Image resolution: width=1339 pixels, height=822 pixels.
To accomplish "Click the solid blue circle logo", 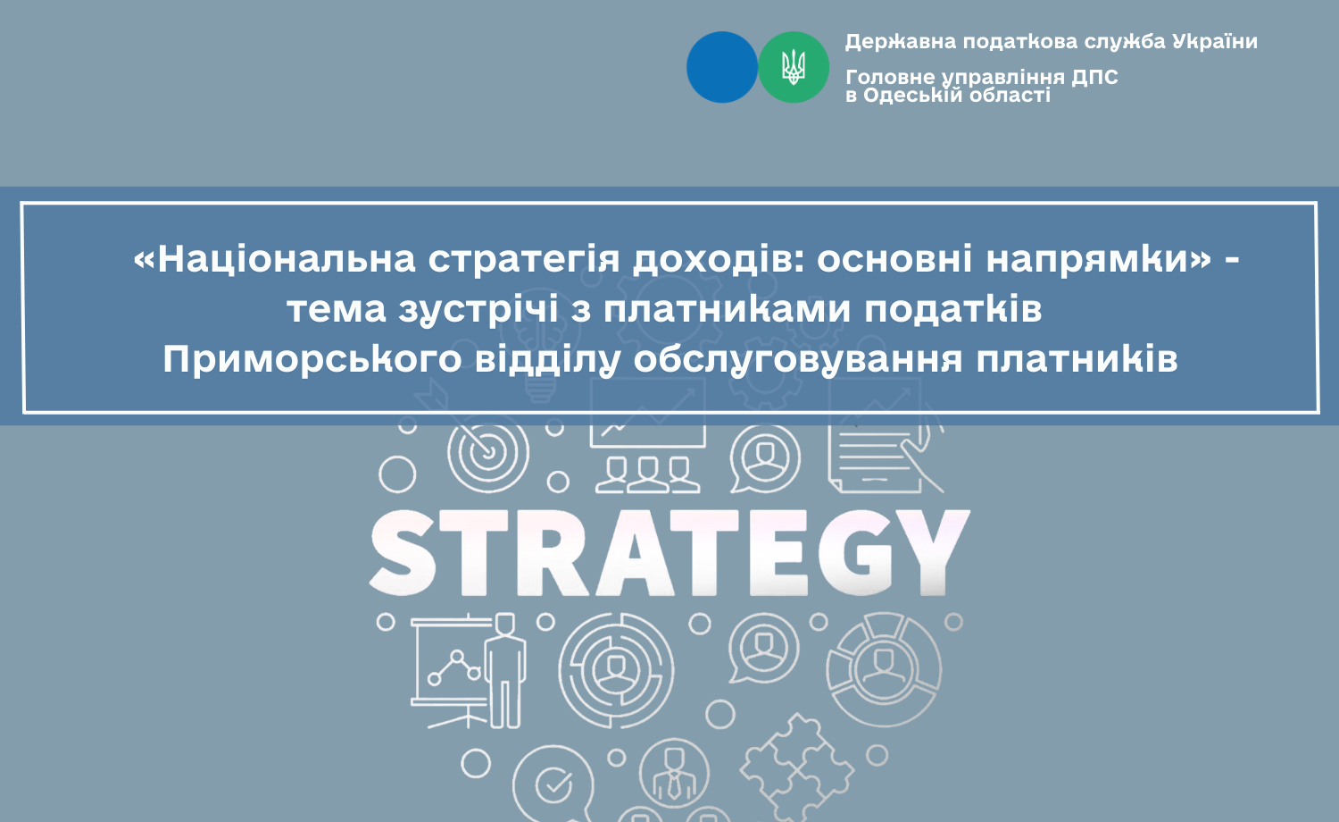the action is tap(721, 67).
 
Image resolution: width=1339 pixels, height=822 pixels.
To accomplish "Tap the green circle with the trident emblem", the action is tap(794, 67).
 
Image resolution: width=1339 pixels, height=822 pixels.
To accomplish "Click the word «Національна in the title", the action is tap(274, 259).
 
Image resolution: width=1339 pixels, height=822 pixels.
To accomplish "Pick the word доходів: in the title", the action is tap(718, 259).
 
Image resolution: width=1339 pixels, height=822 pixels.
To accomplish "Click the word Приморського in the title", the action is tap(312, 359).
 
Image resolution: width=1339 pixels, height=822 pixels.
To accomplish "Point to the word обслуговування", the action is tap(798, 359).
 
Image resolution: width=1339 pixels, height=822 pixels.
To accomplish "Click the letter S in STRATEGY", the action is tap(403, 553).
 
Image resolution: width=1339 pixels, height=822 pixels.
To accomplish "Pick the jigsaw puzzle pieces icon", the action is tap(797, 767).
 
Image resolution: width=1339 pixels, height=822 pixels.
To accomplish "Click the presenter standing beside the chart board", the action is tap(505, 671).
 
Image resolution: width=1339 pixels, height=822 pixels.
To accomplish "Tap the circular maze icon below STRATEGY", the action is tap(616, 670).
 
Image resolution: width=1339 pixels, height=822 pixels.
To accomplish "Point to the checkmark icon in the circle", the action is tap(553, 784).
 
